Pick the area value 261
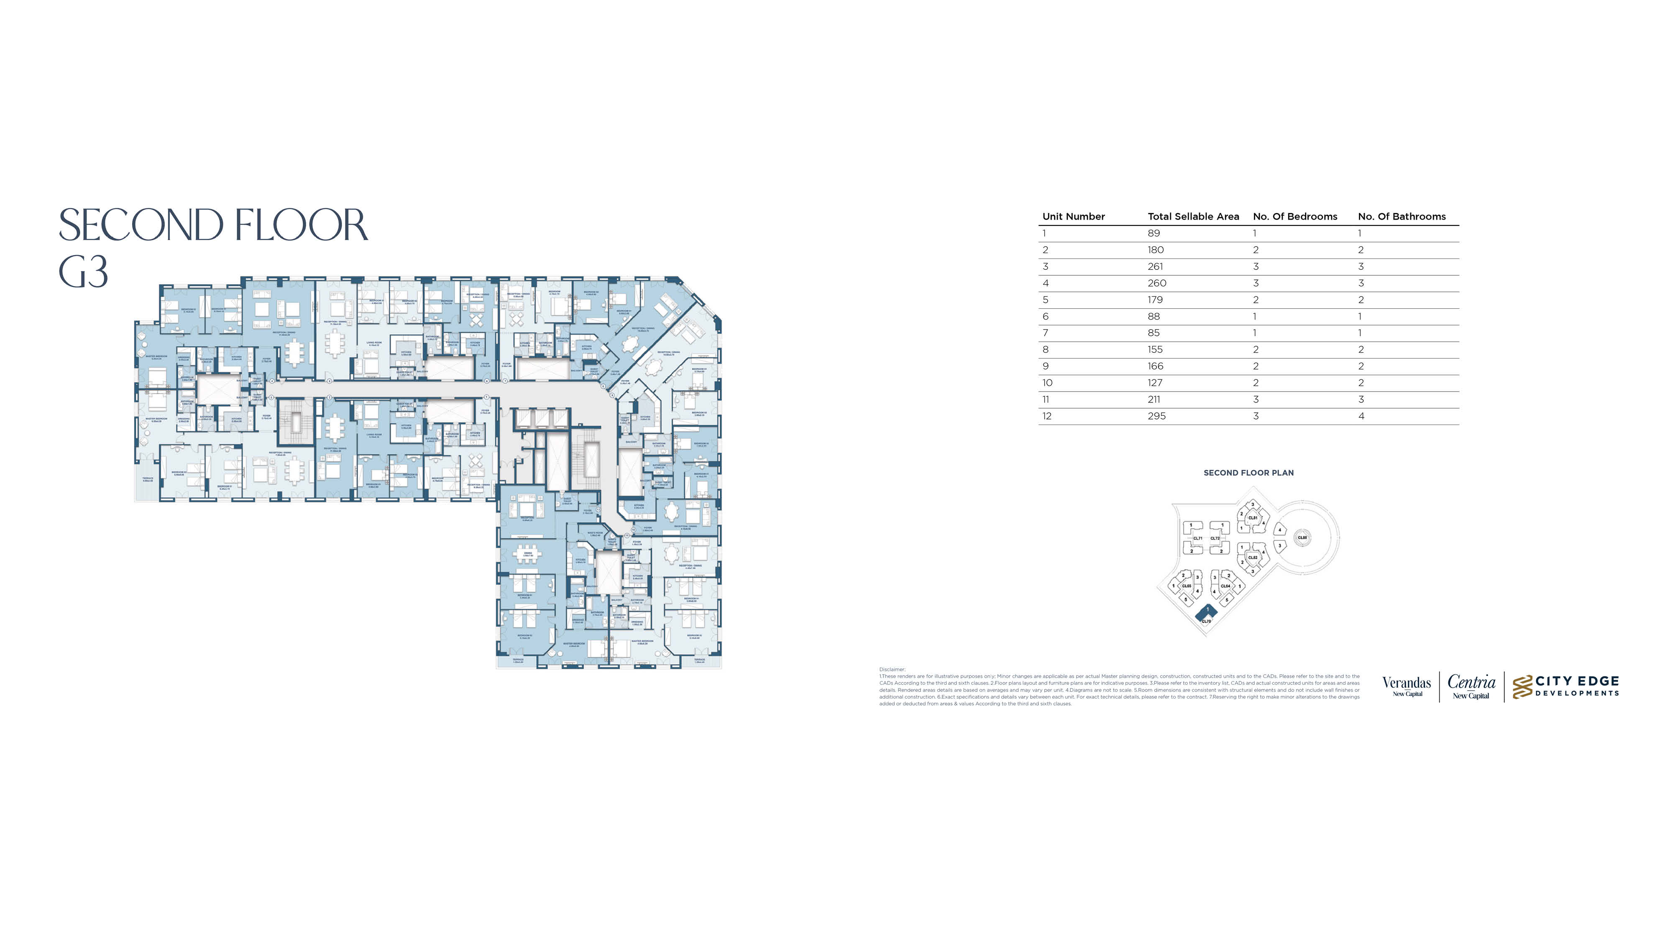(x=1155, y=267)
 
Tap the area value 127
(x=1155, y=383)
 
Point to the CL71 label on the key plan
(x=1197, y=539)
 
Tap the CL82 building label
(x=1253, y=558)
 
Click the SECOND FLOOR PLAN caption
(x=1248, y=473)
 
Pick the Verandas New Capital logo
(x=1406, y=686)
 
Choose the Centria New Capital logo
(x=1471, y=686)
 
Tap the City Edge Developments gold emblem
(x=1522, y=687)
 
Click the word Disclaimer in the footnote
(x=892, y=669)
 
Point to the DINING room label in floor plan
(x=527, y=553)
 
